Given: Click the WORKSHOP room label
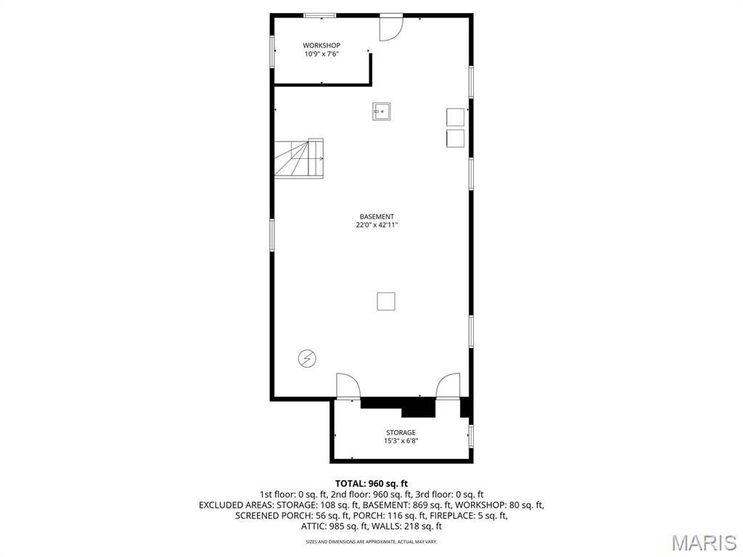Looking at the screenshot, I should point(321,46).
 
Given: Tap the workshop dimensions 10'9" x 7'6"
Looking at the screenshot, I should point(321,54).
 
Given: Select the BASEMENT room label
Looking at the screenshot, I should point(377,217).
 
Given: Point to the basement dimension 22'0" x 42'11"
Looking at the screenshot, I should point(377,225).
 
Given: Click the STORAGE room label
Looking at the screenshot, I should point(401,433).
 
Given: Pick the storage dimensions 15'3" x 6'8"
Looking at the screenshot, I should point(401,441).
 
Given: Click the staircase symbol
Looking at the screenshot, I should point(299,158).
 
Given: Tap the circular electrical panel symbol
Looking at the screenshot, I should point(307,358).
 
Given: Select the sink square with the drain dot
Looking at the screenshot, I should point(382,112).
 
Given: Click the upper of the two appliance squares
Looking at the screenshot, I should point(456,117).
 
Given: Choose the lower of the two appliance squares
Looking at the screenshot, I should point(456,139).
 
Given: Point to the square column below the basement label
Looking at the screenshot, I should point(386,301).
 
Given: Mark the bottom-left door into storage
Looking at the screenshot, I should point(348,386).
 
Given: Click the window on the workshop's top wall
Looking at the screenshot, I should point(319,15).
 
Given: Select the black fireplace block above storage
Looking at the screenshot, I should point(418,408).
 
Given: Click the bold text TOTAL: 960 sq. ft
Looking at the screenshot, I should point(371,484).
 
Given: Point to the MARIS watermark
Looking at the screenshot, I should point(705,542).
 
